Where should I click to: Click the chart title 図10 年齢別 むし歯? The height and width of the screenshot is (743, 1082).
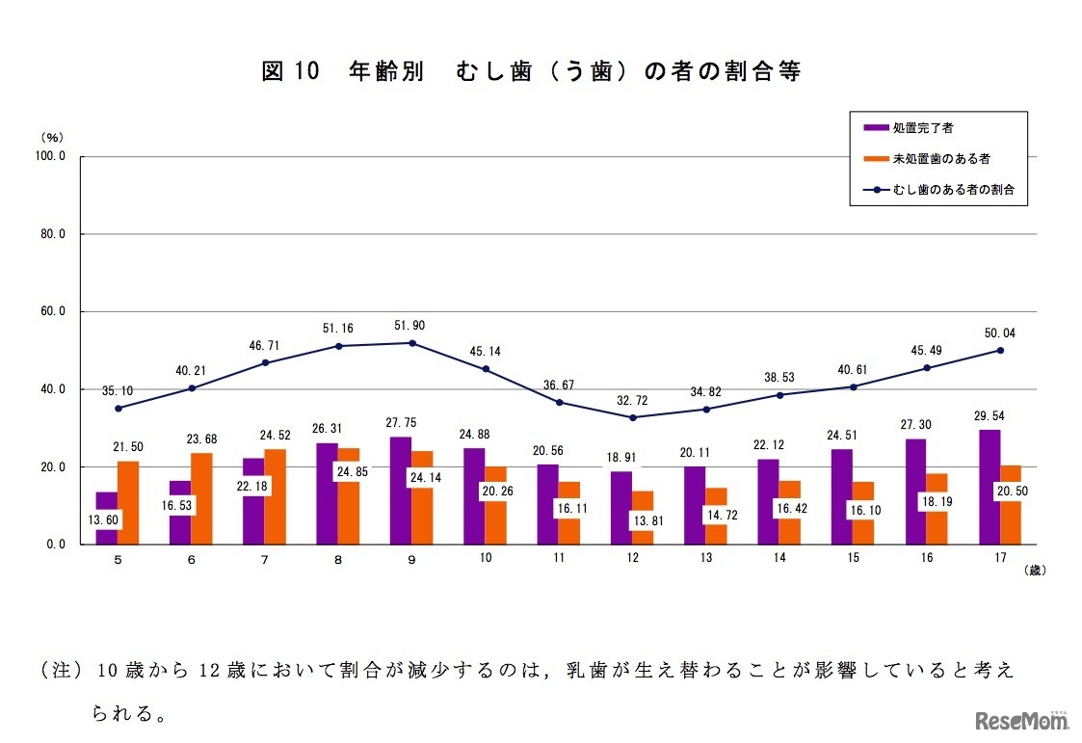pos(531,73)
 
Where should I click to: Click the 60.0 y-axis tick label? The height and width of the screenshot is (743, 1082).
pos(50,311)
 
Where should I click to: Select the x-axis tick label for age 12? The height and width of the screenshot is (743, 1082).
pos(633,559)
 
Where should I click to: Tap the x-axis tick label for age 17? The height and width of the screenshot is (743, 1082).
pos(1001,559)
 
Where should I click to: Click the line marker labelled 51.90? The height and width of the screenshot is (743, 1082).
pos(412,343)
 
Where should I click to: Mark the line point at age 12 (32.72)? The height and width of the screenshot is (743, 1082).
pos(633,417)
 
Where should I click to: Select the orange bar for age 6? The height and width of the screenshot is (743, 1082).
pos(201,498)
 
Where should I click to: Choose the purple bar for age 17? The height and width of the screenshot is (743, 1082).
pos(990,487)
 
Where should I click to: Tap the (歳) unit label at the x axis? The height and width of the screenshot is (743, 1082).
pos(1034,570)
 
